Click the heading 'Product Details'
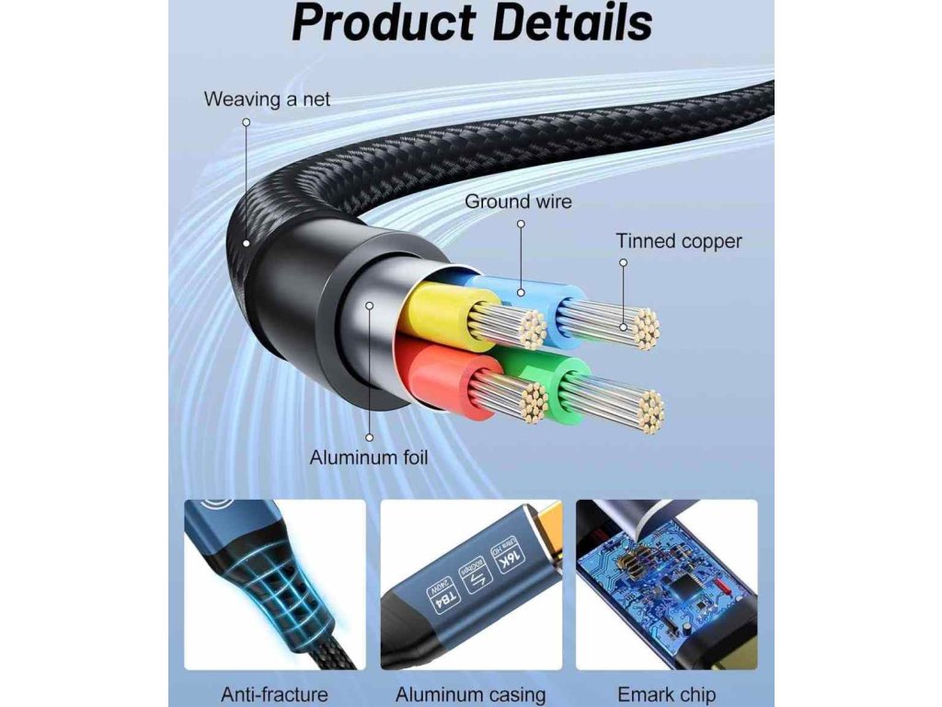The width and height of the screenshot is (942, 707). [472, 24]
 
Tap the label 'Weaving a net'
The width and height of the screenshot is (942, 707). [267, 99]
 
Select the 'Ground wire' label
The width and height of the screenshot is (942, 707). [518, 201]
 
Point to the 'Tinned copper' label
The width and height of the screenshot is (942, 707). [679, 241]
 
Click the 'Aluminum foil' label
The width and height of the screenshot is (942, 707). [369, 457]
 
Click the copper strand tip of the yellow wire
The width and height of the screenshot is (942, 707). [530, 328]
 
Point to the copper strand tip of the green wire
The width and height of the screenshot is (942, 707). [649, 411]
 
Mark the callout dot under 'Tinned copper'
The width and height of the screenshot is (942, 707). [623, 262]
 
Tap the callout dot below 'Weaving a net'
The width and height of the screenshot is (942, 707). [247, 122]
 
